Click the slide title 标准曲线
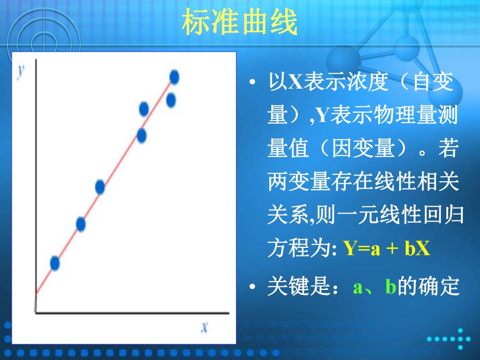(240, 22)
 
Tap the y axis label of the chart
(21, 72)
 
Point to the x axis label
(205, 327)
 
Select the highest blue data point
(174, 77)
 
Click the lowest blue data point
(55, 263)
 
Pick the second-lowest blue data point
(80, 224)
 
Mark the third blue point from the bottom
(100, 187)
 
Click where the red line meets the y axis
(36, 293)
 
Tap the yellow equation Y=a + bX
(386, 248)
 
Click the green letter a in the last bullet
(357, 288)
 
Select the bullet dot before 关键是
(252, 287)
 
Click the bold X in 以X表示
(295, 82)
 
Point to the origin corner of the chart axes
(36, 313)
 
